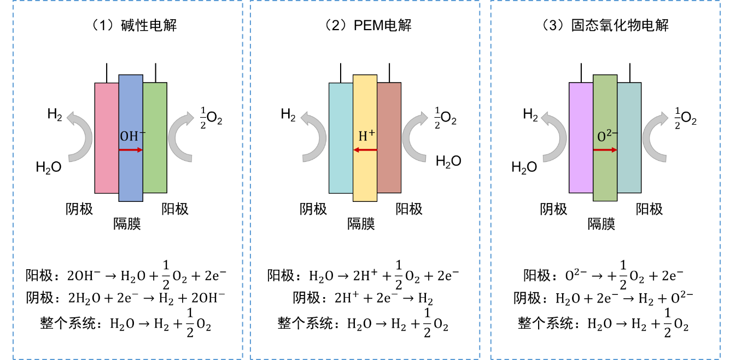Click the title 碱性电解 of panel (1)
coord(149,25)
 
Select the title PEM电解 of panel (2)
coord(382,25)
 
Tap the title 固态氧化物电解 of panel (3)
coord(620,25)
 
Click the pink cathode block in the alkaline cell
coord(107,138)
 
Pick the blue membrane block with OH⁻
coord(131,138)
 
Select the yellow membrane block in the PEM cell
coord(365,138)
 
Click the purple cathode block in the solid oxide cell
coord(581,138)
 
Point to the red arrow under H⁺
coord(365,150)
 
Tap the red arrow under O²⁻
coord(605,150)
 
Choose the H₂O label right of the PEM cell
coord(448,161)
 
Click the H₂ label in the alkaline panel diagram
coord(55,114)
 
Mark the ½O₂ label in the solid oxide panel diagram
coord(685,118)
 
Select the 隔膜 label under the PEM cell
coord(361,224)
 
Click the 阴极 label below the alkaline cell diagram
coord(79,209)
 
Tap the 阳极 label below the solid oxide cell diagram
coord(649,209)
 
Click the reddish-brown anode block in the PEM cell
coord(389,138)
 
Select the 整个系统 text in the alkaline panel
coord(68,323)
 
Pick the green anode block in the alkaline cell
coord(155,138)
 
